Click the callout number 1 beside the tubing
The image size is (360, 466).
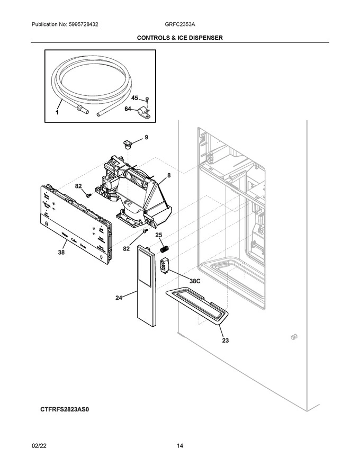click(58, 113)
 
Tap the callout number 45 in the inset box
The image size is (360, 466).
click(134, 98)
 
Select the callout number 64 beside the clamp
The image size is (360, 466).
click(128, 109)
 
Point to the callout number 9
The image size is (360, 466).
click(146, 137)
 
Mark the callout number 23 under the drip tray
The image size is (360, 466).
click(225, 340)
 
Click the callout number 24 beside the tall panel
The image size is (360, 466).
click(120, 298)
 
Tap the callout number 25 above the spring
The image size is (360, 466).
click(158, 235)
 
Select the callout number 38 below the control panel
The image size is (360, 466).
click(61, 253)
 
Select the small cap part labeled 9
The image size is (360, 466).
click(128, 142)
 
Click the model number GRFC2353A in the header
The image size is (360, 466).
click(179, 25)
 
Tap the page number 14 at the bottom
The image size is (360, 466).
click(180, 446)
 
